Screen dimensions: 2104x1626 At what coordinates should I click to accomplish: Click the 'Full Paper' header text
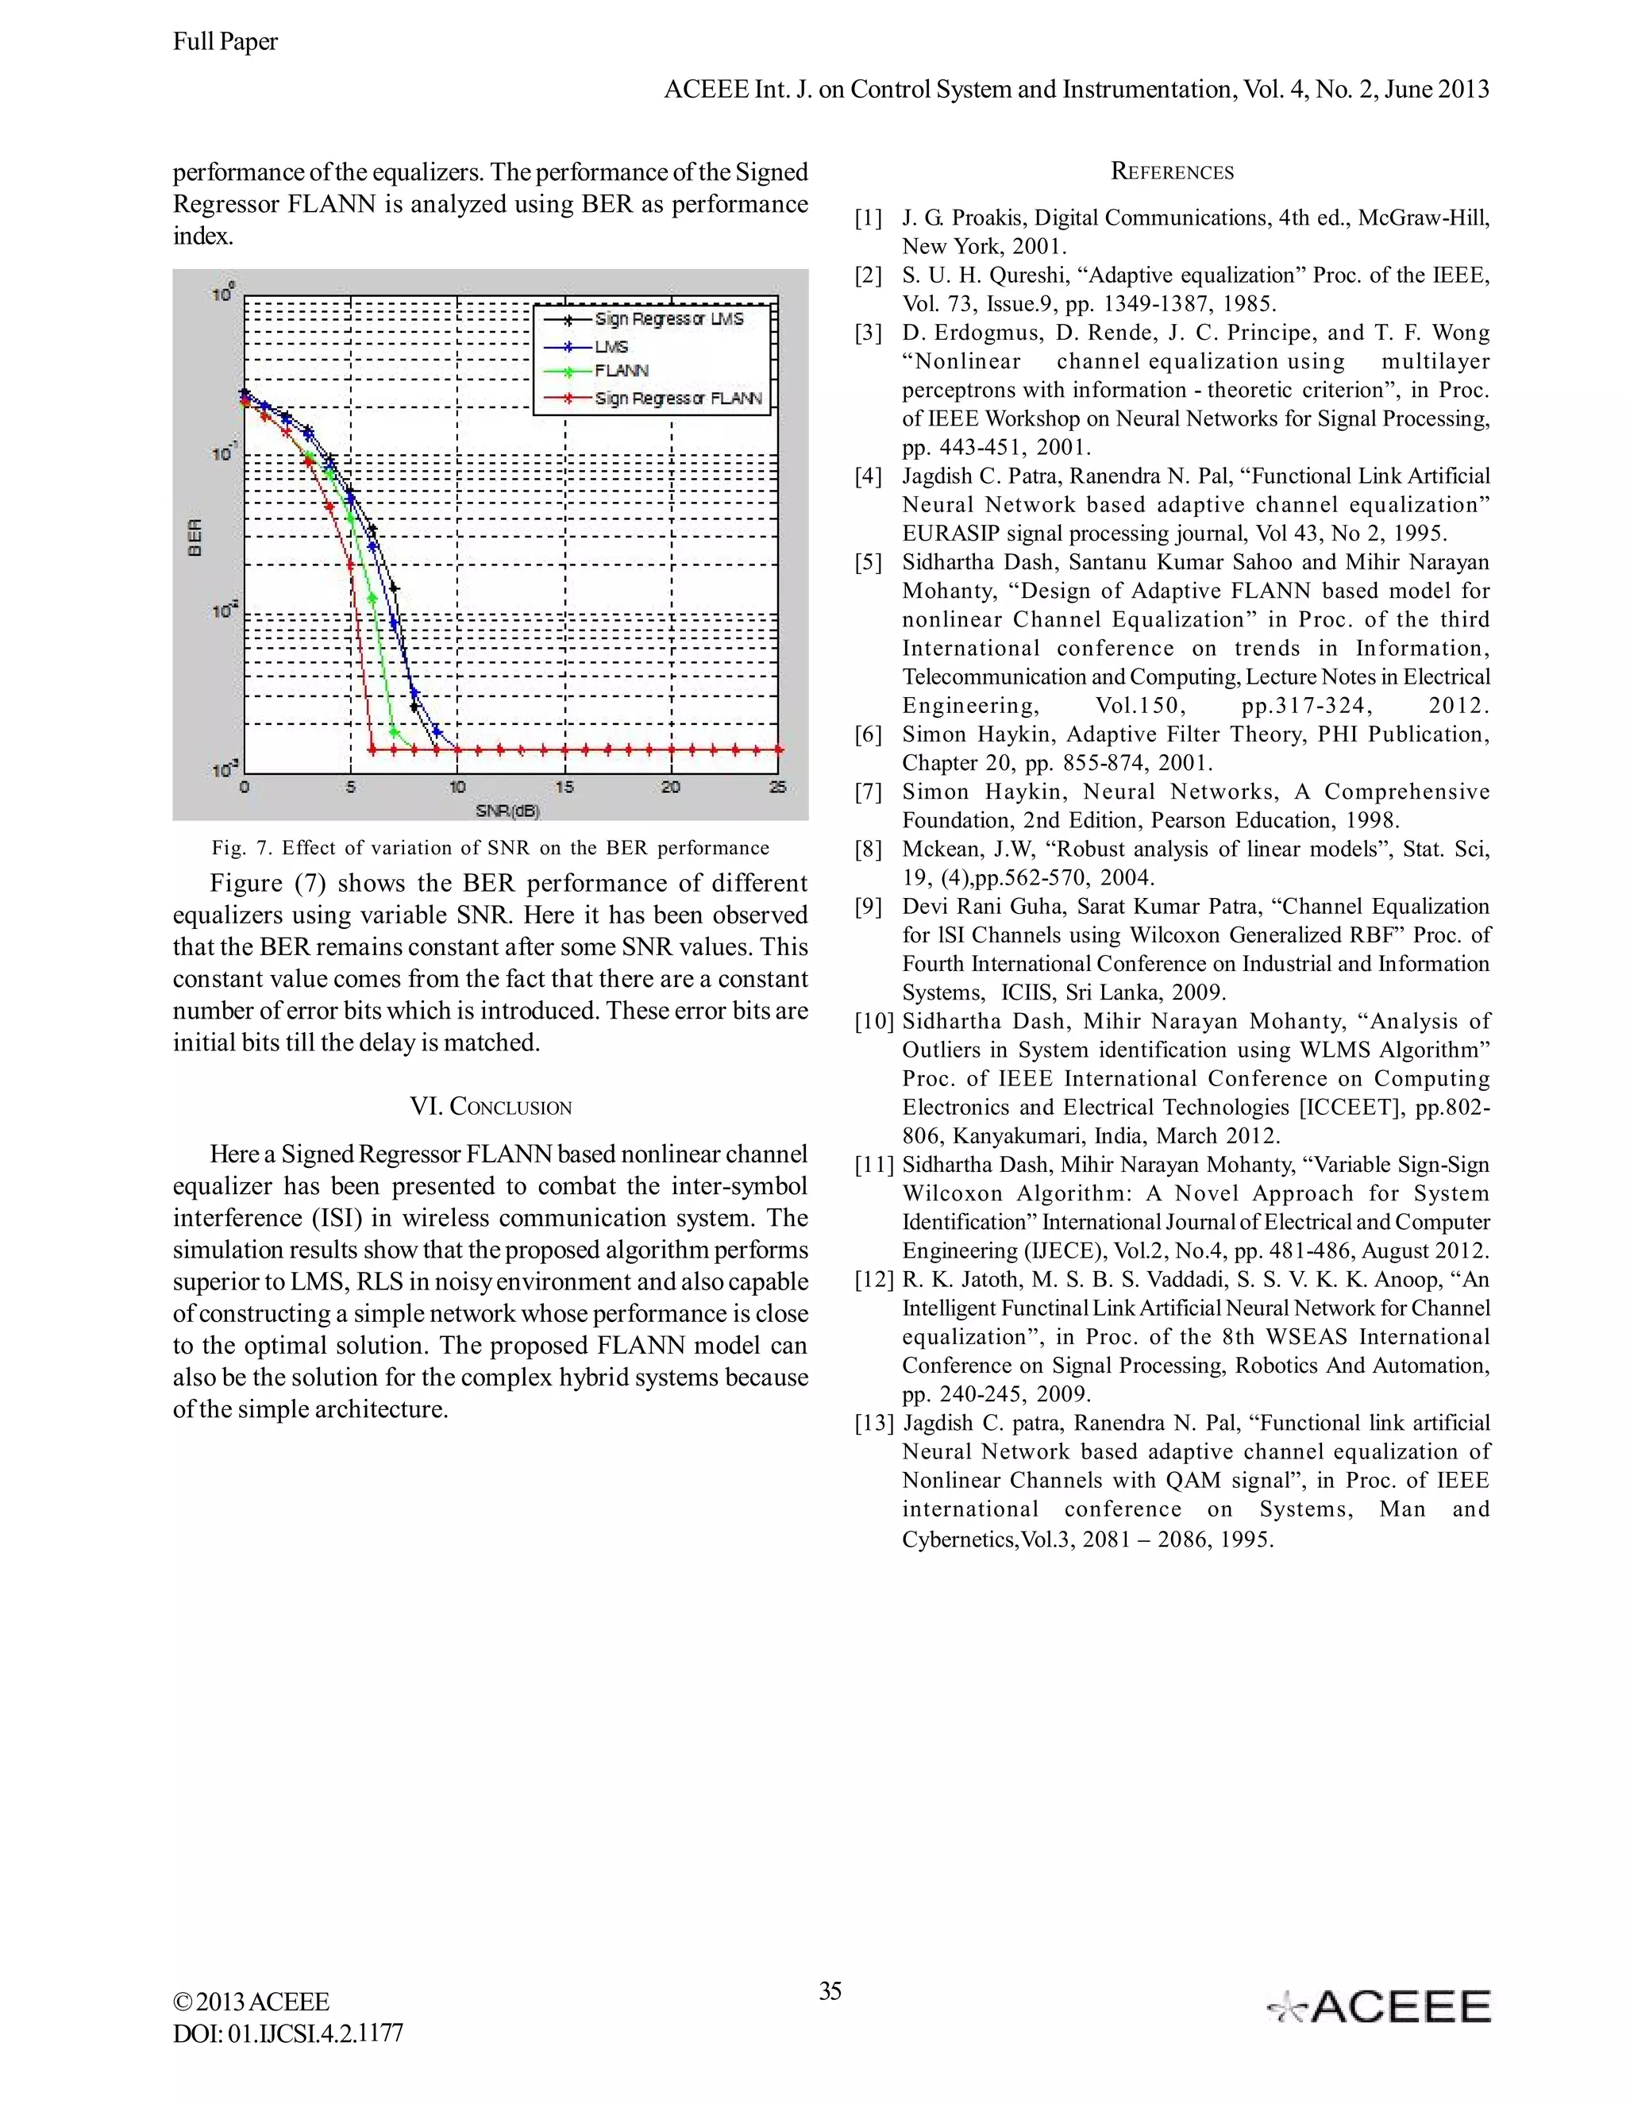click(x=225, y=41)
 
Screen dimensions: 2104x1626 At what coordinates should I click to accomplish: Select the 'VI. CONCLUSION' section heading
click(x=491, y=1106)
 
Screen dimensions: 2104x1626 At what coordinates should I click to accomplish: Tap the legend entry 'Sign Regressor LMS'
click(x=669, y=319)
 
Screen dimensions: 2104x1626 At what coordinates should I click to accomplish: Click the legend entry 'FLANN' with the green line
click(x=622, y=371)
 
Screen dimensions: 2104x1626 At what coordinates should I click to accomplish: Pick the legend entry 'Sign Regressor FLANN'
click(x=678, y=398)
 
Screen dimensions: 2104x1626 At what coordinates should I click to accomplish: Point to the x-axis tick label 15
click(x=564, y=787)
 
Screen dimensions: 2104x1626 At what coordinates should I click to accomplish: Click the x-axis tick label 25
click(x=777, y=787)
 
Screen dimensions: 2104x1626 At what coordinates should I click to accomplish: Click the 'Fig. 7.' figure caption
click(x=491, y=848)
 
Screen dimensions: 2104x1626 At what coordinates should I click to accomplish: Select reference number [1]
click(x=868, y=218)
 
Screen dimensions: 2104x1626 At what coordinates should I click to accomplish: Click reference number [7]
click(x=868, y=792)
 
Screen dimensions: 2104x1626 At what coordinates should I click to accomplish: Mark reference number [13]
click(x=873, y=1423)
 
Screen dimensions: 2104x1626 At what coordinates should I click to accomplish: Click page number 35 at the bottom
click(x=830, y=1990)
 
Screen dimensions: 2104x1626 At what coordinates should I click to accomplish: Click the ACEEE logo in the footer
click(x=1378, y=2006)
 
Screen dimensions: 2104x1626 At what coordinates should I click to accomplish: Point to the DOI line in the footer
click(x=288, y=2033)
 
